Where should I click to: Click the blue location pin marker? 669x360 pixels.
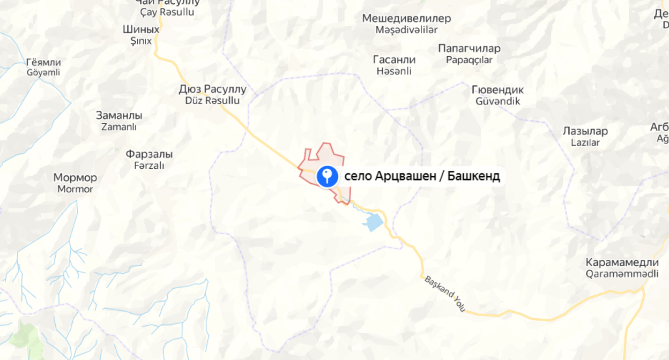point(327,176)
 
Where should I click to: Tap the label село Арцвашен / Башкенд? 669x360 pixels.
point(422,176)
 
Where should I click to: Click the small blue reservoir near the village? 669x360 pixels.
point(374,221)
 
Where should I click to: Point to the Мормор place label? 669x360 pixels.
point(75,178)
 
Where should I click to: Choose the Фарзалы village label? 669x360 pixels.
point(149,154)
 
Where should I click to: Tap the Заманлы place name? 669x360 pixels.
point(118,115)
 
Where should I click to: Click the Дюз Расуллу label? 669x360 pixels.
point(212,89)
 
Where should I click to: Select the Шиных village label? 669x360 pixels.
point(141,29)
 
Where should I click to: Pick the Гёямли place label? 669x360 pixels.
point(43,62)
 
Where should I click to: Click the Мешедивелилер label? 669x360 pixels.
point(406,18)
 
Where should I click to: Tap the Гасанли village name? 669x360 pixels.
point(394,59)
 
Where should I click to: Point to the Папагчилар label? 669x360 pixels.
point(469,48)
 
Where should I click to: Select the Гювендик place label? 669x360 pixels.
point(497,89)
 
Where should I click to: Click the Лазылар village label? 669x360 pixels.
point(585,131)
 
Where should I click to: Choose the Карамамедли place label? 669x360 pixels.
point(622,262)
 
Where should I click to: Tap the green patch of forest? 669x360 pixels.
point(24,337)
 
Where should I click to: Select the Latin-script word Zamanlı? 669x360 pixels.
point(118,127)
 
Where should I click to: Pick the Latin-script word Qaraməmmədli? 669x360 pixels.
point(622,274)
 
